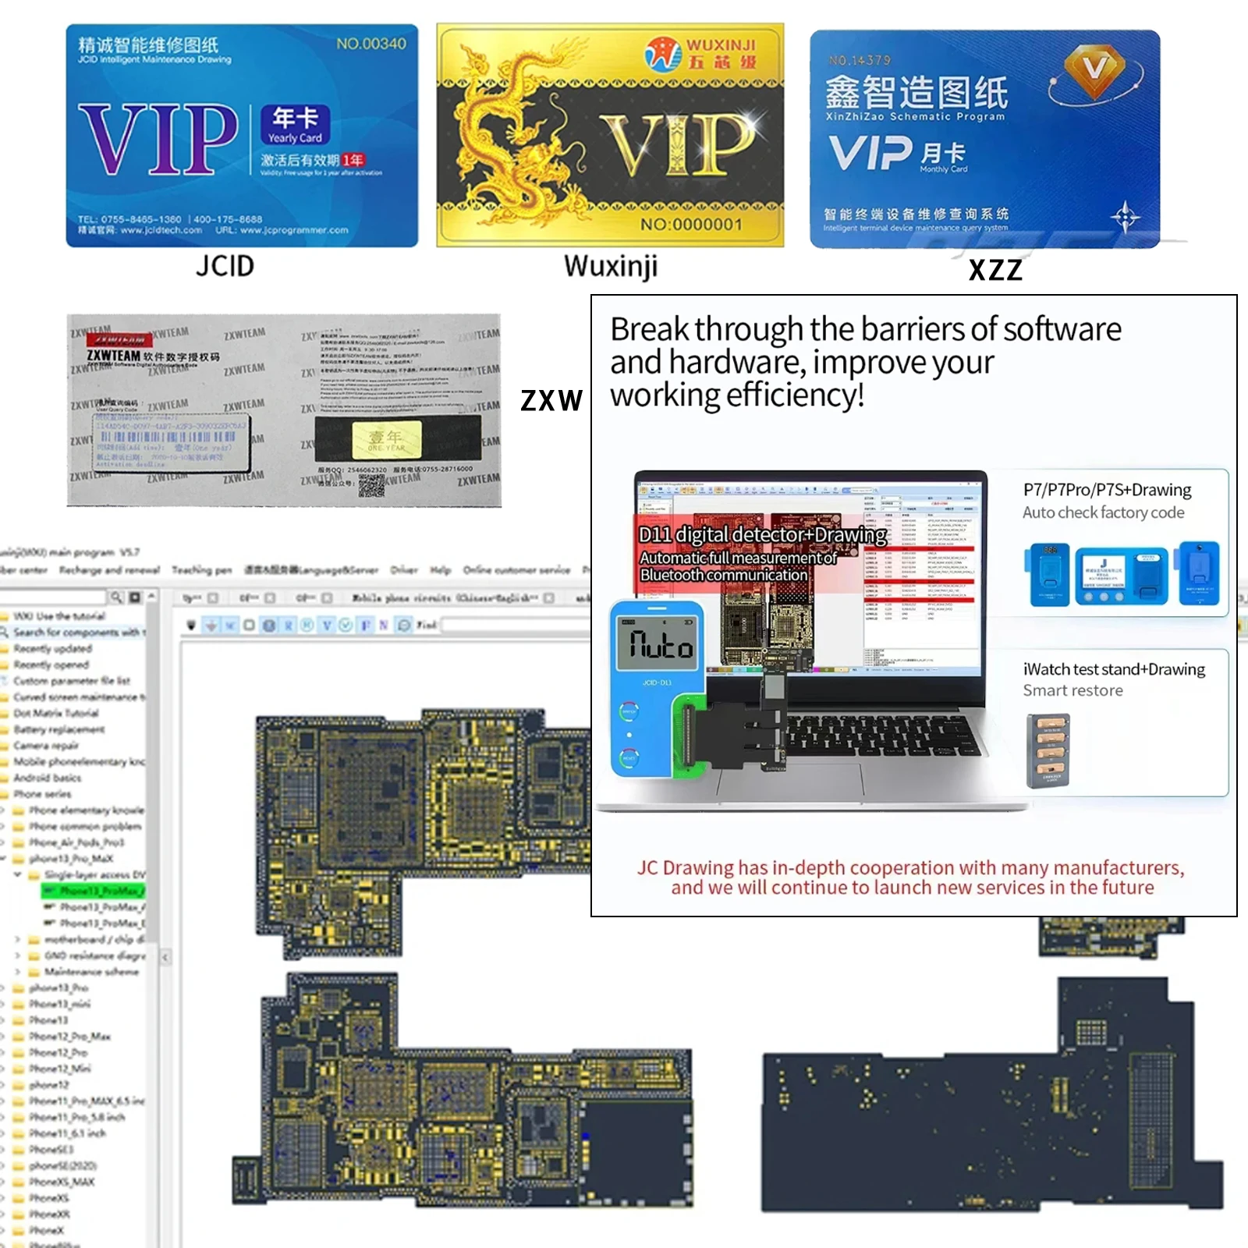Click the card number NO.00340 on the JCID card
pyautogui.click(x=370, y=44)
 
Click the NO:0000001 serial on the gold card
pyautogui.click(x=691, y=225)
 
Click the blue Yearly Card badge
pyautogui.click(x=295, y=125)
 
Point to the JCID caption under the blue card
pyautogui.click(x=225, y=266)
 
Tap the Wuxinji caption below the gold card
pyautogui.click(x=611, y=266)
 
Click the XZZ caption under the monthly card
pyautogui.click(x=995, y=270)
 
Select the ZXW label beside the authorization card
pyautogui.click(x=551, y=400)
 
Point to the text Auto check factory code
pyautogui.click(x=1103, y=512)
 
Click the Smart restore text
pyautogui.click(x=1072, y=690)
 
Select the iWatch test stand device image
pyautogui.click(x=1048, y=750)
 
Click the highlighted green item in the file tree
pyautogui.click(x=94, y=891)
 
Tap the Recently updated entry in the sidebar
pyautogui.click(x=52, y=648)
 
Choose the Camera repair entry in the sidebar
pyautogui.click(x=46, y=746)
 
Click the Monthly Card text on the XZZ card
pyautogui.click(x=943, y=169)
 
